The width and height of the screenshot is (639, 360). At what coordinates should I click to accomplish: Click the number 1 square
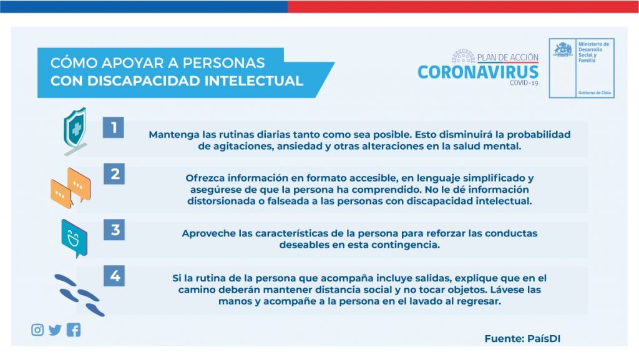114,127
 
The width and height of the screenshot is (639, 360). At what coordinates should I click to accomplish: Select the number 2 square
114,174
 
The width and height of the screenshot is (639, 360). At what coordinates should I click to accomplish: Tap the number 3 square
114,230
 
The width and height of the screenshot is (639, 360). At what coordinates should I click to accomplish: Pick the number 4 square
114,276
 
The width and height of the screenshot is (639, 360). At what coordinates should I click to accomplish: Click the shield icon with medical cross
75,130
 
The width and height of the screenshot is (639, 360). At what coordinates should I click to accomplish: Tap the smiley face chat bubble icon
74,238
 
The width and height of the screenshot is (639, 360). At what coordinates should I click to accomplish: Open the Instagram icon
37,330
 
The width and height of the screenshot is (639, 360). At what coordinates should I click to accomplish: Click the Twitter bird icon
55,330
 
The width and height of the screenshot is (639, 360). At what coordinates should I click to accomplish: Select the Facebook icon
74,330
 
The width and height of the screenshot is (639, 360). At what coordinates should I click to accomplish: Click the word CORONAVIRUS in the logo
478,72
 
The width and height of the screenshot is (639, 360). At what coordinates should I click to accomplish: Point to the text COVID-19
524,83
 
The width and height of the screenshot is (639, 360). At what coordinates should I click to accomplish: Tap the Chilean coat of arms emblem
563,50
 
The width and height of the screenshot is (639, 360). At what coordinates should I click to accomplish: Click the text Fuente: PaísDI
522,338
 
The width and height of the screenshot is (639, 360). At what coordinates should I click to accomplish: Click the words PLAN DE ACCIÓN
508,57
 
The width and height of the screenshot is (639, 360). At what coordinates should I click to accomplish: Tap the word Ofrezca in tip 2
205,178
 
